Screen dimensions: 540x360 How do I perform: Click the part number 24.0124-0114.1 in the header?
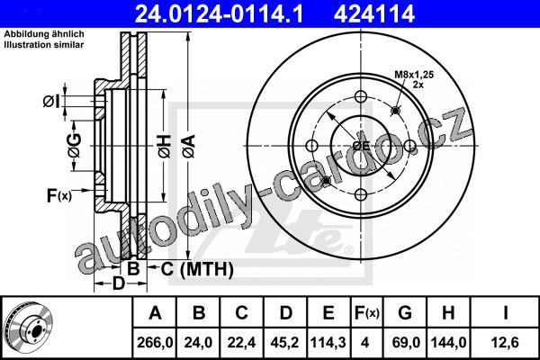[219, 13]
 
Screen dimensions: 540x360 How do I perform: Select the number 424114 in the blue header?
[373, 13]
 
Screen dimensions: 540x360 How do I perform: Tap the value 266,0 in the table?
[155, 343]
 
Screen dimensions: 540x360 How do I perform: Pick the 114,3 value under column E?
[328, 343]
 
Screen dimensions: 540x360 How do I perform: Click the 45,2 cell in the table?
[284, 343]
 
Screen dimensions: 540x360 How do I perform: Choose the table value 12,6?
[505, 343]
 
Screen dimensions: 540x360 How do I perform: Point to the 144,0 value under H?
[448, 343]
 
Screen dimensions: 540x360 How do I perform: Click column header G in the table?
[405, 313]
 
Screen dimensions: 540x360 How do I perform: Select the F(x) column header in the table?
[367, 313]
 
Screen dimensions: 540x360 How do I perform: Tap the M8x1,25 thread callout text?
[414, 74]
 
